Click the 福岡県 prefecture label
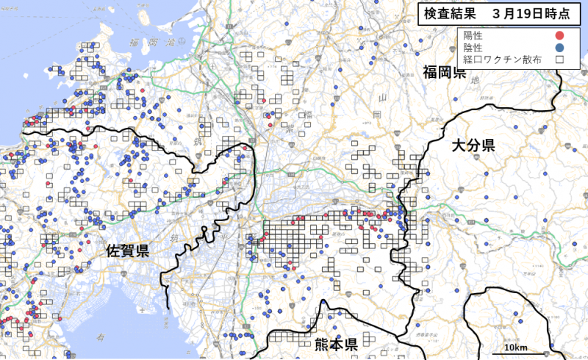pos(444,72)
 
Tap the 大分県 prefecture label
pos(473,145)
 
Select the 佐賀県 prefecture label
pos(127,251)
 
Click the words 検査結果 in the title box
pos(445,13)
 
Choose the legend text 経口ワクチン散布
pos(502,60)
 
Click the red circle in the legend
pos(559,35)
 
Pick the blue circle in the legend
pos(559,47)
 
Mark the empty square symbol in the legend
pos(559,60)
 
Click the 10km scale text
pos(514,347)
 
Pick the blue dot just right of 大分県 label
pos(545,173)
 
